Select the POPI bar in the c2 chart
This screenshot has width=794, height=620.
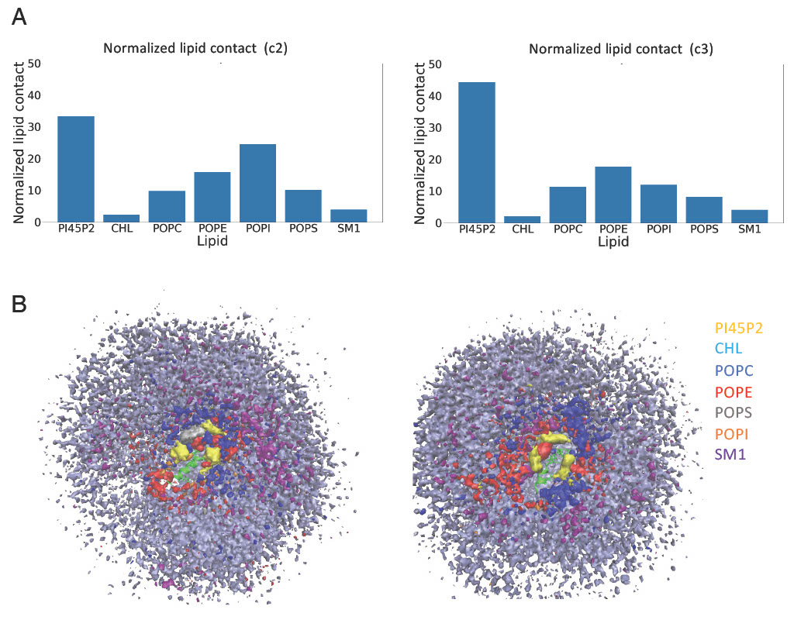pyautogui.click(x=257, y=183)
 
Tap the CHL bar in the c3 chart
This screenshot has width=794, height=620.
pyautogui.click(x=523, y=219)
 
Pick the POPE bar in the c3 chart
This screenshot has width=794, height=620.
pyautogui.click(x=613, y=195)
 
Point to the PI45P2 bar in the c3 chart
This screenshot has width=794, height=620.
pyautogui.click(x=477, y=152)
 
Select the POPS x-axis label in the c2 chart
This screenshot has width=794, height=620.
pyautogui.click(x=302, y=230)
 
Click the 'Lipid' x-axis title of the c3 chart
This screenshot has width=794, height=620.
pyautogui.click(x=613, y=243)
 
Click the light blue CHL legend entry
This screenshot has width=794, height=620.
pyautogui.click(x=729, y=350)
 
